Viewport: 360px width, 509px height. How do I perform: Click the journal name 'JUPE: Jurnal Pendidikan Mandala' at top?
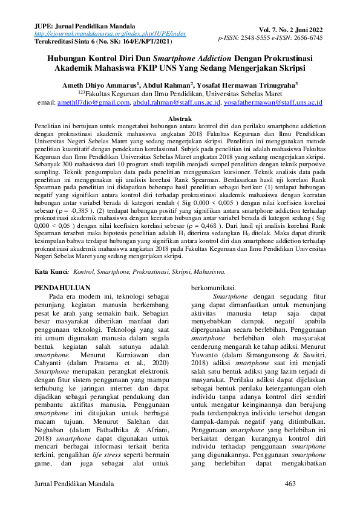[x=84, y=27]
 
